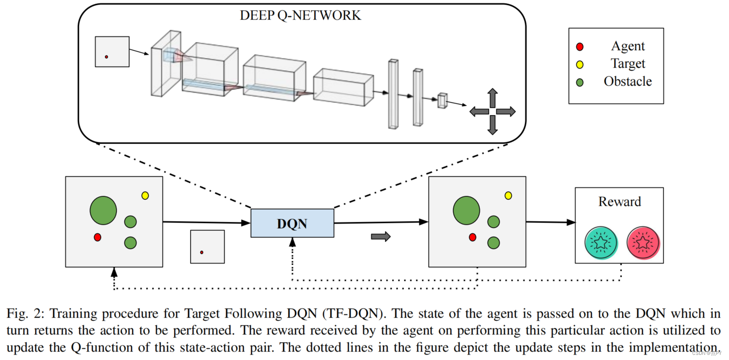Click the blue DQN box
click(x=292, y=223)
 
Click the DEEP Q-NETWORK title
click(x=300, y=16)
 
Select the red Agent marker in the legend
click(x=579, y=47)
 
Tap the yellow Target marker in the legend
click(x=579, y=64)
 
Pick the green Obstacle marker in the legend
click(x=579, y=82)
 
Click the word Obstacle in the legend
click(x=628, y=82)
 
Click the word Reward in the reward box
click(x=620, y=202)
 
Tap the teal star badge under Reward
click(x=601, y=243)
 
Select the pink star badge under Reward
click(x=643, y=243)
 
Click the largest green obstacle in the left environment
click(x=103, y=210)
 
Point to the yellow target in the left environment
click(x=145, y=196)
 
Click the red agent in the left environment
click(x=97, y=238)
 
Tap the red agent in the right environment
click(x=472, y=238)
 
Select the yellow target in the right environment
click(x=508, y=196)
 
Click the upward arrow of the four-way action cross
click(x=492, y=98)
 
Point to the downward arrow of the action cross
click(x=492, y=125)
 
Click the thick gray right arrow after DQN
click(x=381, y=237)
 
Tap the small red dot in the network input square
click(x=106, y=57)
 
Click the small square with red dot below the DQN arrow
click(x=207, y=247)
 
